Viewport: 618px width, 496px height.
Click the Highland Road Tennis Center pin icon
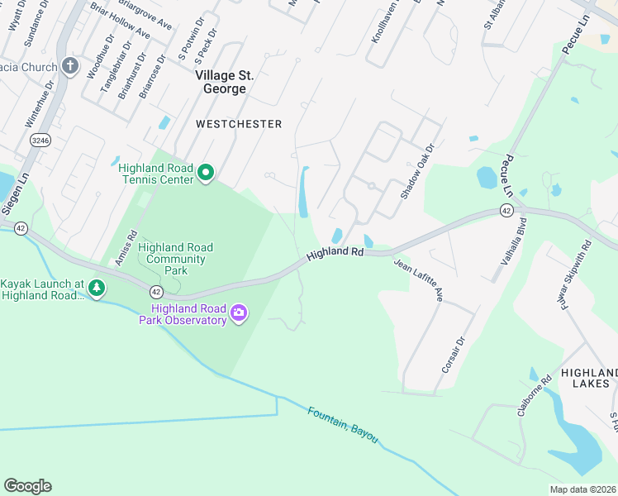point(206,173)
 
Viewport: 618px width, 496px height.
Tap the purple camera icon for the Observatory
point(240,312)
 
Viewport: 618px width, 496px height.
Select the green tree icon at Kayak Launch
point(98,288)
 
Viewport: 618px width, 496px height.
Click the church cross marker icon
point(70,67)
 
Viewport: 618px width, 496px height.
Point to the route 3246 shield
point(38,141)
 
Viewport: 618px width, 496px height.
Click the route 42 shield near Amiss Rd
point(155,291)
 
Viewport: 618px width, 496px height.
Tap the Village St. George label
point(225,82)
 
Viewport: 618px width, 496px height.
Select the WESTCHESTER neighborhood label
point(239,124)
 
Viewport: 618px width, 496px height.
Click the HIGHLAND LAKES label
point(588,378)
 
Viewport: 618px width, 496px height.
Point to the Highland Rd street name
point(335,254)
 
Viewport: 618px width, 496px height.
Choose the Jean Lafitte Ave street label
point(419,280)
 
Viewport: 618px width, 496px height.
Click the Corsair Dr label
point(454,354)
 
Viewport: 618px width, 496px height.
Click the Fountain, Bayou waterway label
point(342,423)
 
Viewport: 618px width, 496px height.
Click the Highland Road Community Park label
point(175,259)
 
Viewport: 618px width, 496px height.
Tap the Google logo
point(27,486)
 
